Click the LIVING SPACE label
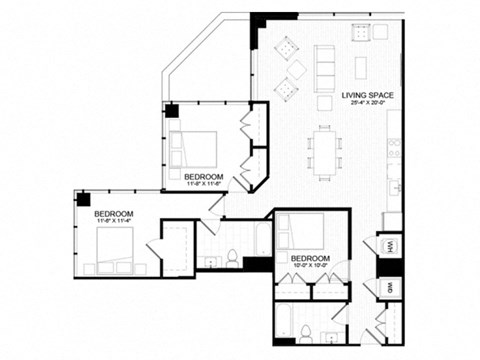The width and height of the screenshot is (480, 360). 366,95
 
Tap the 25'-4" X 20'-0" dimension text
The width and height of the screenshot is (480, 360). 366,105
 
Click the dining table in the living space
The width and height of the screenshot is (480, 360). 325,150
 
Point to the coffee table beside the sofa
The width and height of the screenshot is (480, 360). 360,66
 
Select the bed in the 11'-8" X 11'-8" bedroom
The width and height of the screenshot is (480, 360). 195,148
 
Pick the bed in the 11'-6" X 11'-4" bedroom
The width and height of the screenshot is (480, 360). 118,250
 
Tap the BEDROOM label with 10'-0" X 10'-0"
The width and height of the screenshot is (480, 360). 310,257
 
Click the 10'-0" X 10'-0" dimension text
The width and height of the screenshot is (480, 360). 310,266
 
